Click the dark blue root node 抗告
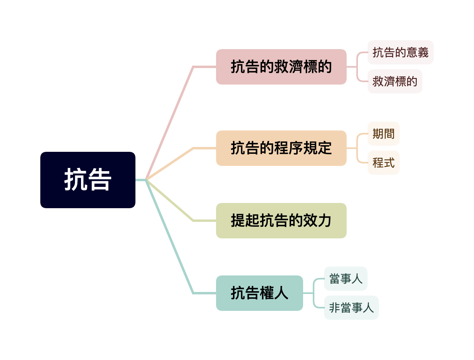point(87,180)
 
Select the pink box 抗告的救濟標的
point(281,67)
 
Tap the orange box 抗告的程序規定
point(281,148)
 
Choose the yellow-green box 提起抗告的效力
point(281,221)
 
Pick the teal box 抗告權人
point(259,293)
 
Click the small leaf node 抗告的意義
point(400,52)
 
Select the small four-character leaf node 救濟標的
point(395,81)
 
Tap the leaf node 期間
point(383,134)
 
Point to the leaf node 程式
point(383,163)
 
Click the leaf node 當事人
point(345,279)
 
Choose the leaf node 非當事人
point(351,308)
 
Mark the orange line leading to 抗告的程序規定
point(169,164)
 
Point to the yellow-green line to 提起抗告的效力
point(169,200)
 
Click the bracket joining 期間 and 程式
point(358,148)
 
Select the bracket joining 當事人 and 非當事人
point(314,293)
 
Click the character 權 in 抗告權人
point(266,293)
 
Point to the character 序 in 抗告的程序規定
point(296,148)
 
